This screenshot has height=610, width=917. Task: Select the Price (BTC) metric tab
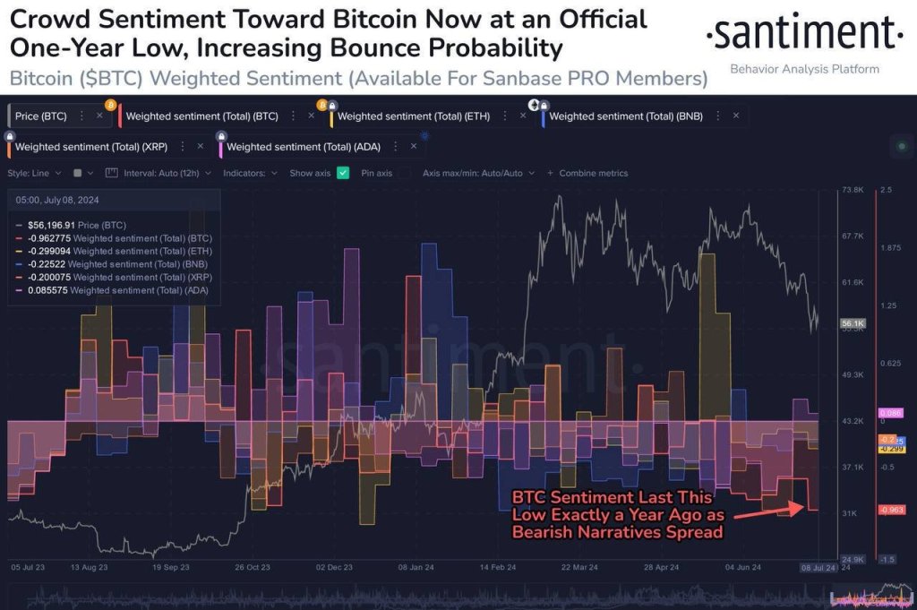tap(42, 116)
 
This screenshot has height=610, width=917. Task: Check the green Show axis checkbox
tap(343, 173)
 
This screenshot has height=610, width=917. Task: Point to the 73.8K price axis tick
tap(852, 191)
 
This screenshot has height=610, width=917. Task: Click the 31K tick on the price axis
tap(850, 513)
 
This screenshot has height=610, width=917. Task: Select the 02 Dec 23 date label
tap(335, 567)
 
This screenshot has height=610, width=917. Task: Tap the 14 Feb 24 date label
tap(498, 567)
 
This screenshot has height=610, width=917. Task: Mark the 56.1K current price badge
tap(852, 322)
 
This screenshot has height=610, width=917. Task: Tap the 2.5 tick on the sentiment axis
tap(886, 191)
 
